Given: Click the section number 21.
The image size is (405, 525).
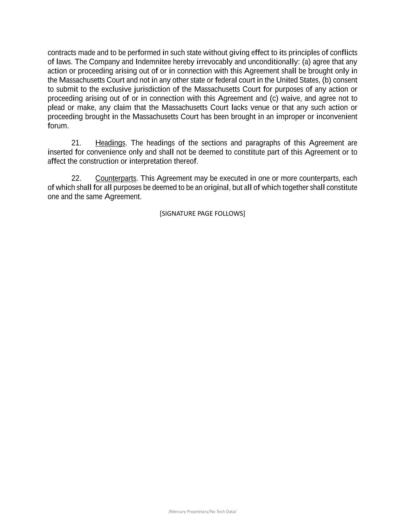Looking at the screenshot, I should point(76,143).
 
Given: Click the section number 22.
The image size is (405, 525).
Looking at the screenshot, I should point(76,178).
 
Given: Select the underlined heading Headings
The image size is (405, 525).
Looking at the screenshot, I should point(110,143).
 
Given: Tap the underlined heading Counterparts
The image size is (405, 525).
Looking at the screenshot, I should point(116,178).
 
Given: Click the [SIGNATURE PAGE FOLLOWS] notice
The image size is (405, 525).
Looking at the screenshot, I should point(202,213).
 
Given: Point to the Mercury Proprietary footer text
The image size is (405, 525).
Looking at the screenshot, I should point(202,512).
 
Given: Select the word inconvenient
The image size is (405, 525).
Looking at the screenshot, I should point(337,117).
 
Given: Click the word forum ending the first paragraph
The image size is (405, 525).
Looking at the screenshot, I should point(58,126).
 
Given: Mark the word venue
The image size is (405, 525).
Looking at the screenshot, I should point(260,107).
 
